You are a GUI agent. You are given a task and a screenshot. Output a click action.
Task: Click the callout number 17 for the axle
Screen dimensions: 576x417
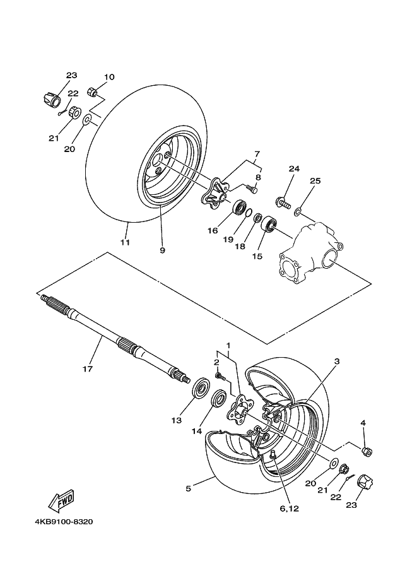point(88,368)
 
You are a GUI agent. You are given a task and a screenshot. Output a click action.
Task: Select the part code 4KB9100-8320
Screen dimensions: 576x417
point(62,522)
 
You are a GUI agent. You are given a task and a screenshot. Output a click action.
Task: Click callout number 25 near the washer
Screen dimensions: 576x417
point(315,181)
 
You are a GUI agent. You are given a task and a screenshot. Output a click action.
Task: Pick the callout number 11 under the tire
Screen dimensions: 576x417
point(125,242)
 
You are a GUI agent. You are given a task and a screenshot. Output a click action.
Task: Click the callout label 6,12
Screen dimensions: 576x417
point(290,508)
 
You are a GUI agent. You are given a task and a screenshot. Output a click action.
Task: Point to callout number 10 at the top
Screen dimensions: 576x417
point(109,77)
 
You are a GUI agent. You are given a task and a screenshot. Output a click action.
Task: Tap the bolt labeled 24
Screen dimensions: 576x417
point(281,203)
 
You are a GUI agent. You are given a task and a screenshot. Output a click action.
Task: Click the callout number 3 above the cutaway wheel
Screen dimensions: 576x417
point(338,361)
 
